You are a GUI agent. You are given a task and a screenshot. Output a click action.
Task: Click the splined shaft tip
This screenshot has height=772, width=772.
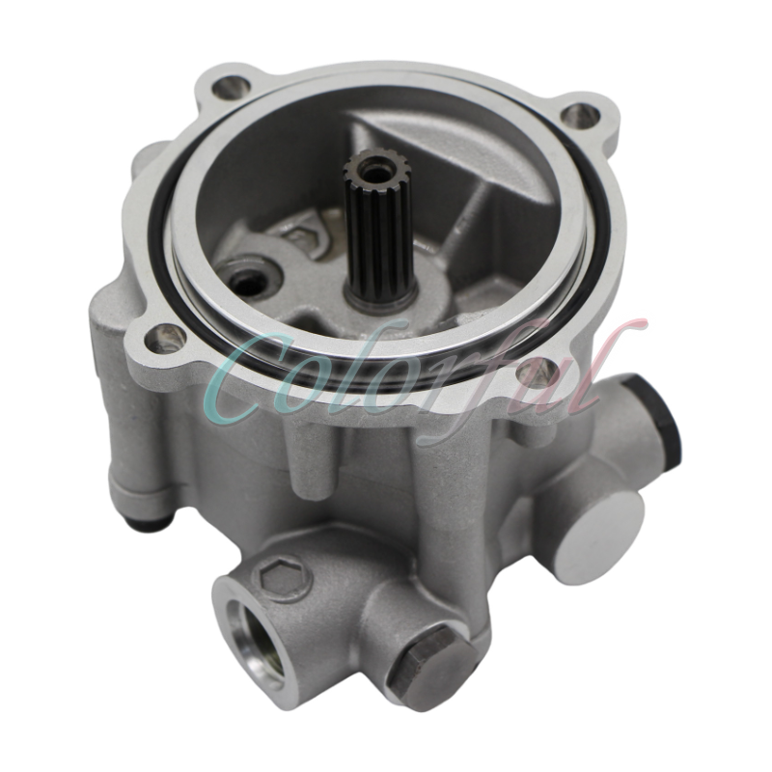tap(371, 175)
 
